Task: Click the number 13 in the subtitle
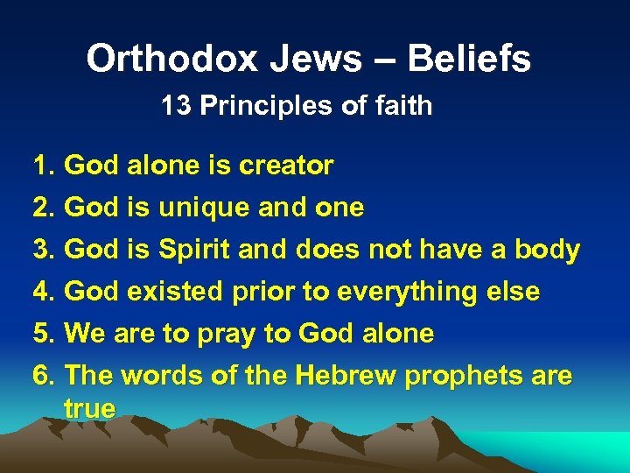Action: (x=177, y=106)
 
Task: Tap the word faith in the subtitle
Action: (x=400, y=106)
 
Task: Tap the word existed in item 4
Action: (x=178, y=292)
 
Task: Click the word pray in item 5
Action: (x=231, y=334)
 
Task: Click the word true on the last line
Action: (x=89, y=408)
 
